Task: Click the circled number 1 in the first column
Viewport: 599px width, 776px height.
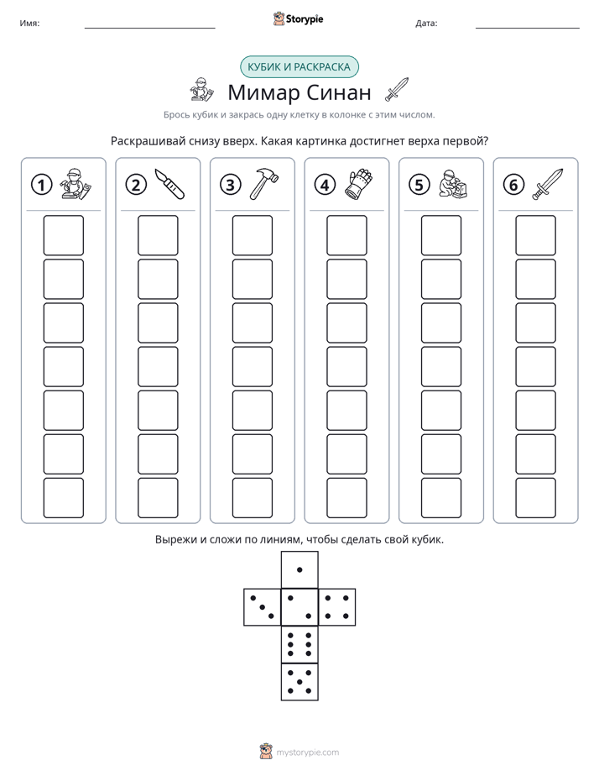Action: coord(41,185)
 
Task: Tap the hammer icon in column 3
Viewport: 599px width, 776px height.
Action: coord(263,184)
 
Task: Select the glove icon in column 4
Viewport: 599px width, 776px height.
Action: coord(358,184)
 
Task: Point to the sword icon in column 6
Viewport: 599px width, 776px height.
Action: coord(547,184)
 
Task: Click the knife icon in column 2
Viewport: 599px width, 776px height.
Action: coord(169,184)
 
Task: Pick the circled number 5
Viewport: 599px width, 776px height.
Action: coord(419,185)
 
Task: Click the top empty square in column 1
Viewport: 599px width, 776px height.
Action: coord(63,235)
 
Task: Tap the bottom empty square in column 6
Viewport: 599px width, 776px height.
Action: coord(535,498)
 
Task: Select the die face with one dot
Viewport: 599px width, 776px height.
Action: coord(299,570)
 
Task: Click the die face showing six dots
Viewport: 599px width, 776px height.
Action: coord(299,644)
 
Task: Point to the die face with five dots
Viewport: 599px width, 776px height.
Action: coord(299,681)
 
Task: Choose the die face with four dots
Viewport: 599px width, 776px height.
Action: coord(337,607)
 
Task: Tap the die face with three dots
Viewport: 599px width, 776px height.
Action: coord(263,607)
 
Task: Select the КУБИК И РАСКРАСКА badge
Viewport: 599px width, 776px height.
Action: coord(299,67)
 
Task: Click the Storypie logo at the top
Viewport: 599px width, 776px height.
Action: coord(298,19)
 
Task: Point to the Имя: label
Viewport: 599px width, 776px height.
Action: coord(29,24)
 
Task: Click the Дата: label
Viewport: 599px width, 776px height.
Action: coord(426,24)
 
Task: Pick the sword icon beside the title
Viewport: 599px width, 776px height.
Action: coord(398,89)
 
